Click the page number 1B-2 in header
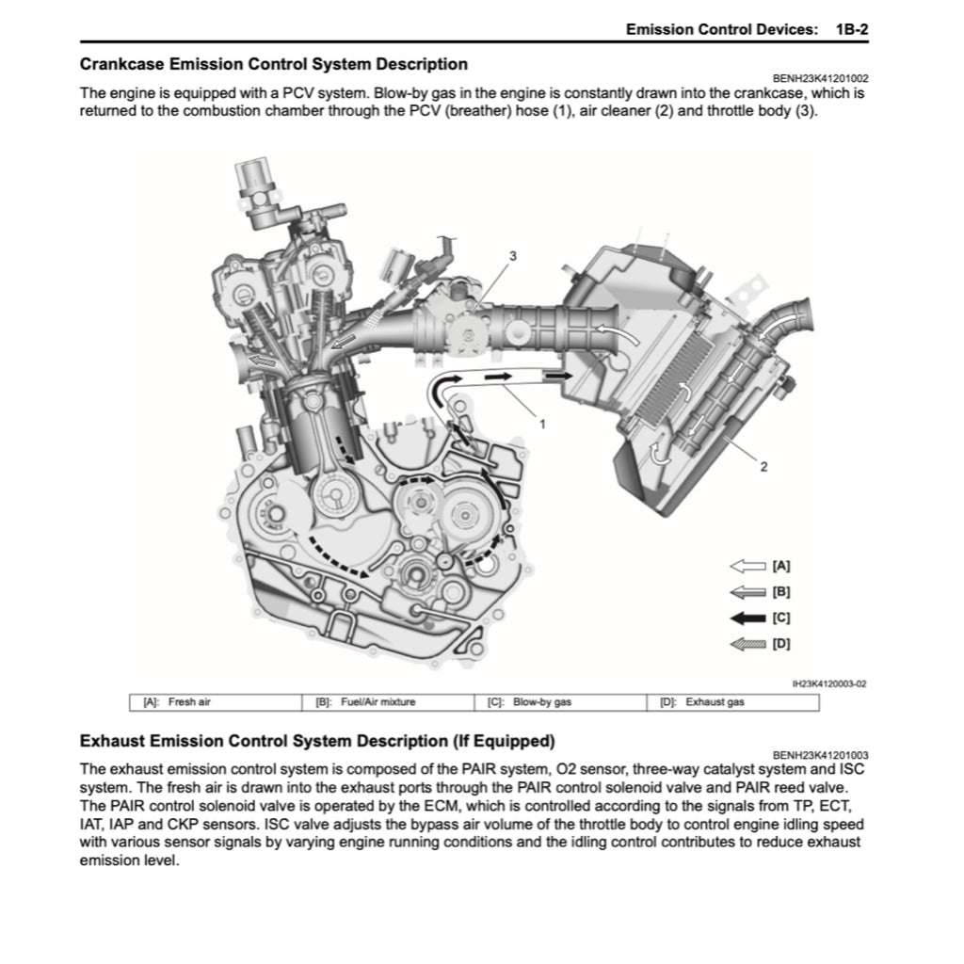[850, 29]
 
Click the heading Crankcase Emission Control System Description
[273, 65]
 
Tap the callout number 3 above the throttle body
[513, 255]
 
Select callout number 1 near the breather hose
[542, 424]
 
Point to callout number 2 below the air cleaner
[764, 467]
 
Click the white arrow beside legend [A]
[747, 567]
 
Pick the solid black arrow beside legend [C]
[747, 619]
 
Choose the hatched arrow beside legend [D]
[747, 645]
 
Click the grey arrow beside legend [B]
[747, 592]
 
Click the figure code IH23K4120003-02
[829, 684]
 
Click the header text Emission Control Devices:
[721, 29]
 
